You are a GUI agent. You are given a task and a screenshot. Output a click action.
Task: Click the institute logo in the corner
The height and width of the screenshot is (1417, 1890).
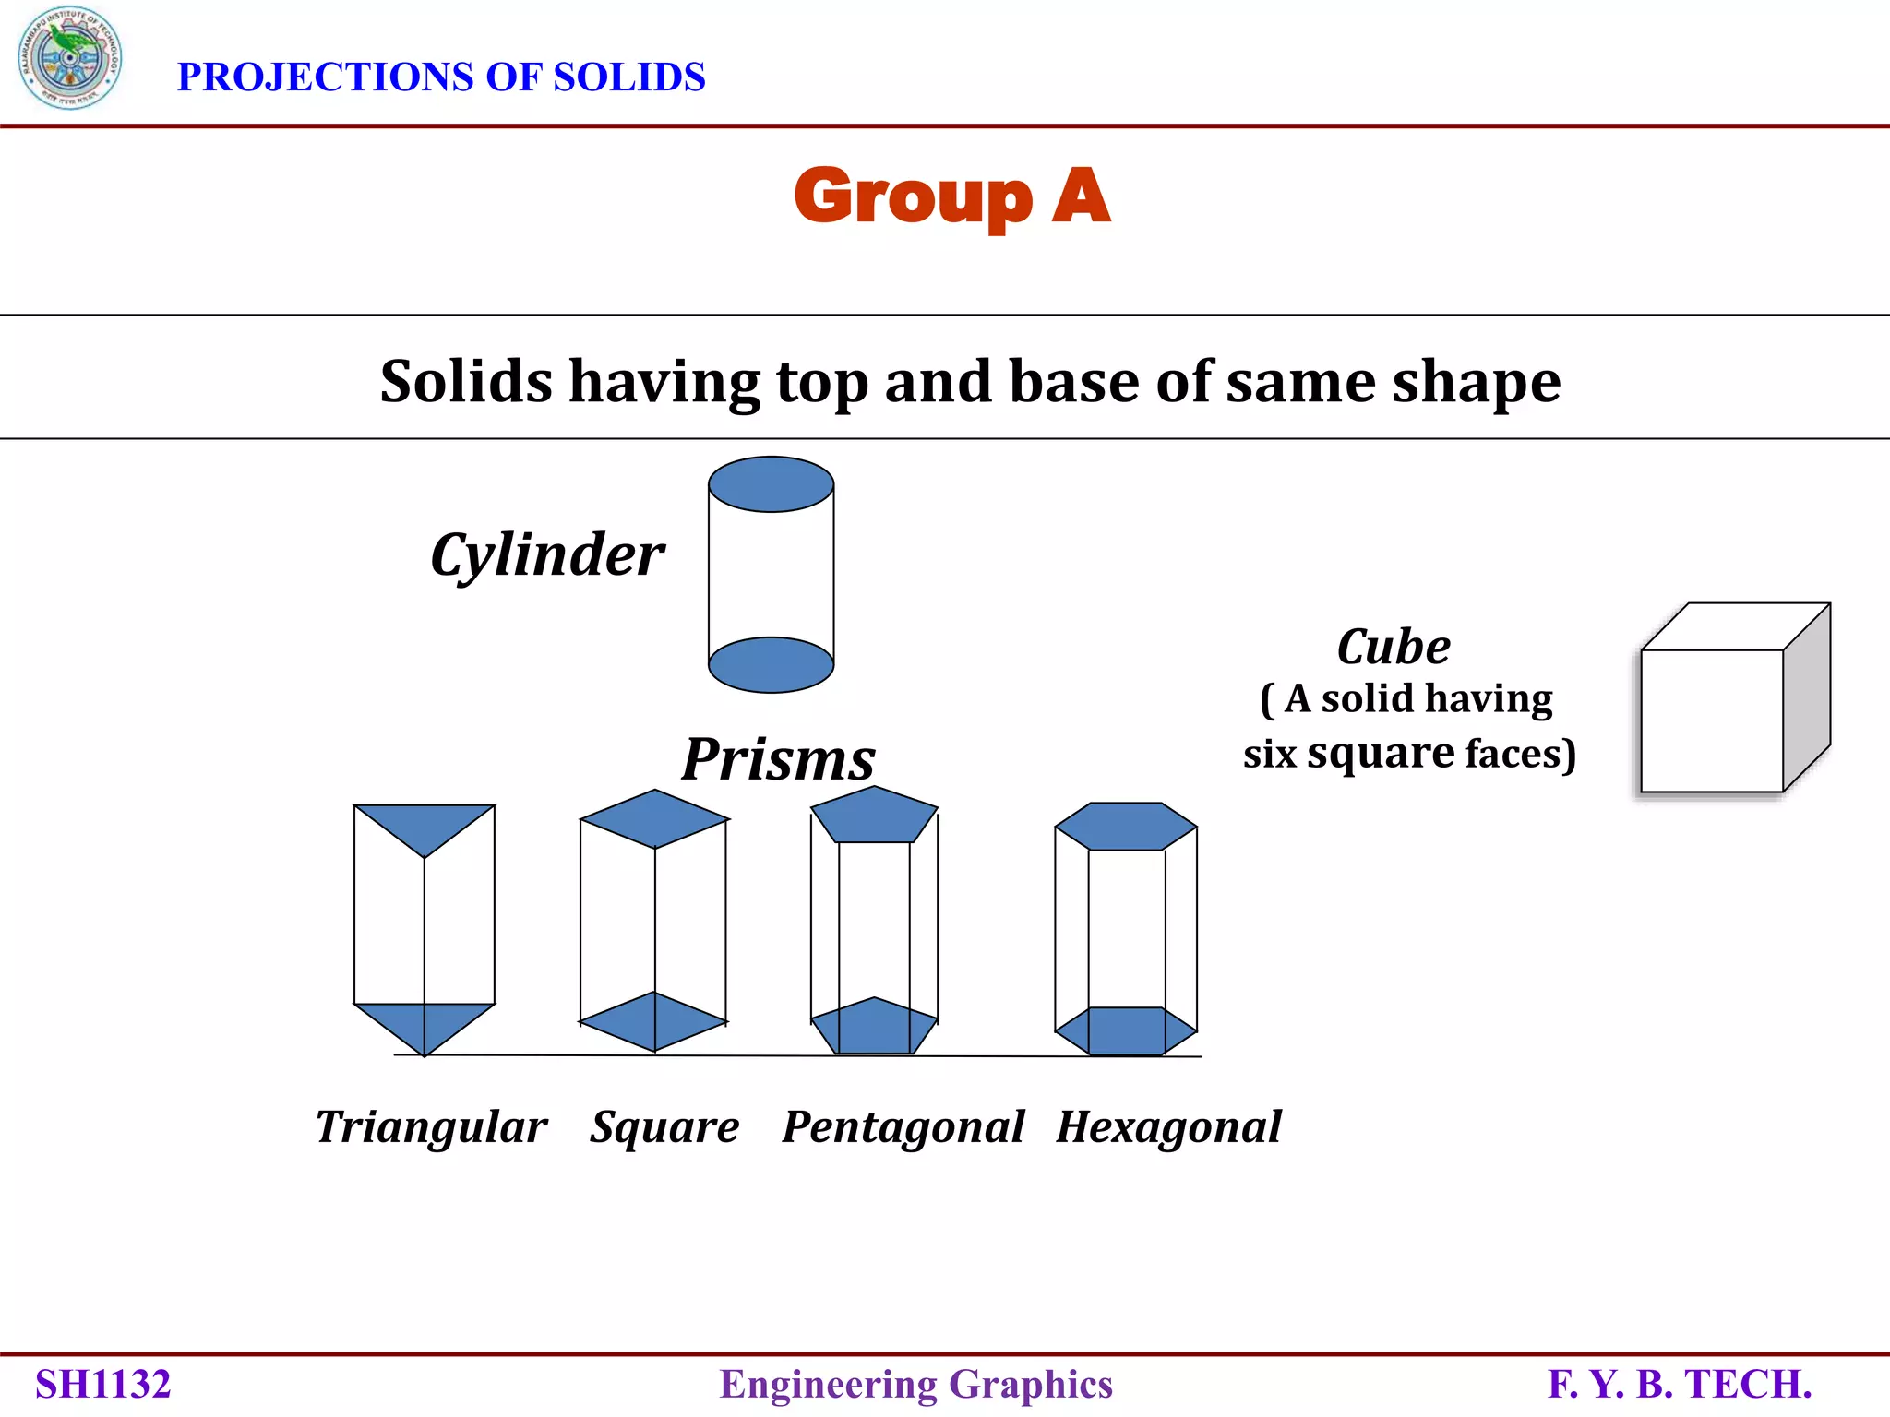[69, 58]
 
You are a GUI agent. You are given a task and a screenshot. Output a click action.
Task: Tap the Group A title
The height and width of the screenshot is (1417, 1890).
[951, 196]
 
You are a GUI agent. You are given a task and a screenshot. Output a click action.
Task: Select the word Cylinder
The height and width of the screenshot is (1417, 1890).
[546, 555]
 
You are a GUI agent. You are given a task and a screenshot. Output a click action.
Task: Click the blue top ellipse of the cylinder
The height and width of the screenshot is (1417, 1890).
[771, 484]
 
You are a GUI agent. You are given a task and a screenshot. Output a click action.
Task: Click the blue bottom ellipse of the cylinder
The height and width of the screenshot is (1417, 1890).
[771, 665]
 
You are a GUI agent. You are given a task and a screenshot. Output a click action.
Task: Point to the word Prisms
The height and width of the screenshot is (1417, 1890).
[778, 759]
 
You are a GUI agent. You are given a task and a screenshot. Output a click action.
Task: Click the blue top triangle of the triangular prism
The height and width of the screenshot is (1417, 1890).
[424, 824]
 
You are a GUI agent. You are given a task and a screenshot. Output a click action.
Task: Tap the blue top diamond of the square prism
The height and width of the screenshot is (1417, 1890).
[654, 818]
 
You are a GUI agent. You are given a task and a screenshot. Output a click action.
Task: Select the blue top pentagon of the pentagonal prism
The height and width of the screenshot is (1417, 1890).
[874, 816]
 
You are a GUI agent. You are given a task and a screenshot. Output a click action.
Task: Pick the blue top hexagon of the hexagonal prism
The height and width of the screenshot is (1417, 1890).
[1126, 827]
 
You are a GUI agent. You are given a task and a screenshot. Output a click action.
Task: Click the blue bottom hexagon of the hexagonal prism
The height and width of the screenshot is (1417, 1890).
[1126, 1031]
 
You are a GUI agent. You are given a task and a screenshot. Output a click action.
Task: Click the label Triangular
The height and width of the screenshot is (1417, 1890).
[431, 1127]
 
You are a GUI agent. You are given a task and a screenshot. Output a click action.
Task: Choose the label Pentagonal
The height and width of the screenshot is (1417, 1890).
[903, 1127]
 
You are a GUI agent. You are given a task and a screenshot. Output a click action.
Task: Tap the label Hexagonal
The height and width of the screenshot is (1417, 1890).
[1168, 1127]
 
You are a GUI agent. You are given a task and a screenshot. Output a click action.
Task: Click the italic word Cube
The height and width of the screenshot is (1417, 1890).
[1394, 647]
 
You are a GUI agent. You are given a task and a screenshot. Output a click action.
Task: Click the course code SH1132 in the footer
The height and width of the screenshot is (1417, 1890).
[103, 1385]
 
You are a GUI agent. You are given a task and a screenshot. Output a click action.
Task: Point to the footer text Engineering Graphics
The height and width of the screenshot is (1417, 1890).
[915, 1385]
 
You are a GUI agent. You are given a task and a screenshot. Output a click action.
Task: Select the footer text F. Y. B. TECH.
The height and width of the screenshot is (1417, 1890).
[1680, 1385]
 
